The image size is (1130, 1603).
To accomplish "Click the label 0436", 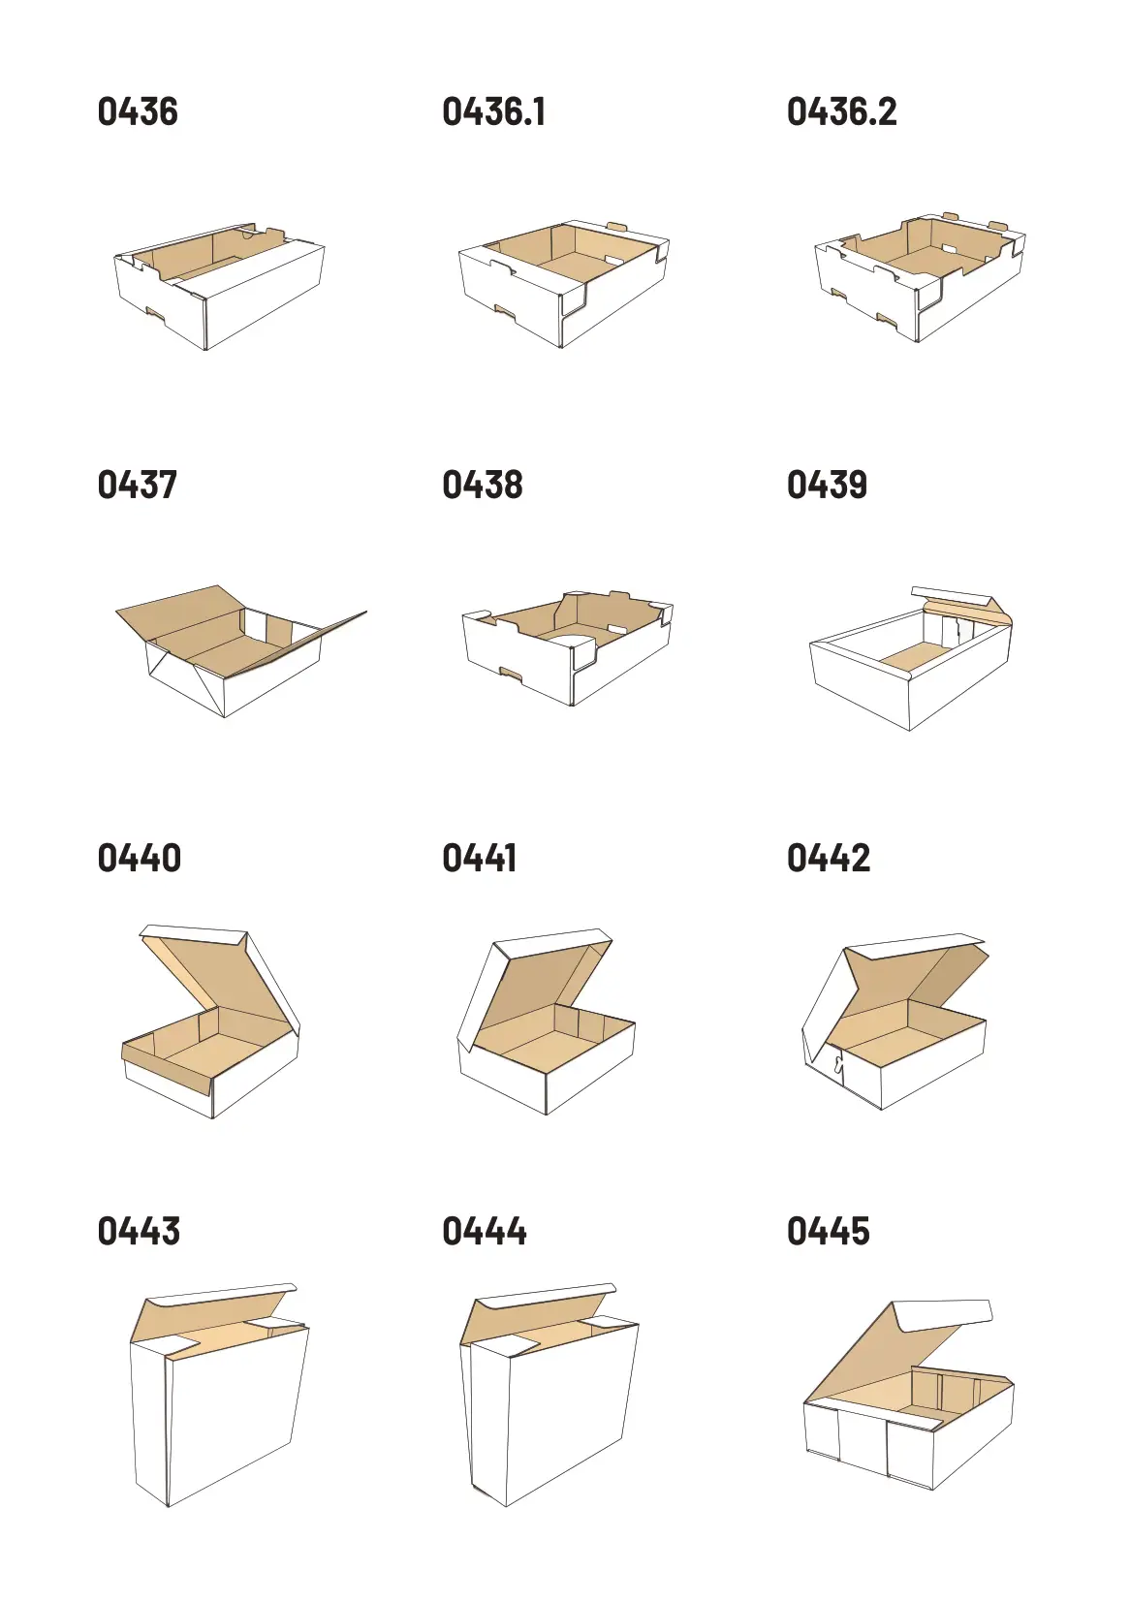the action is tap(138, 111).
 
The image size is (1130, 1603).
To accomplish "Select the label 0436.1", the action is tap(494, 111).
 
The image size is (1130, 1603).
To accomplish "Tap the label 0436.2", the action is tap(841, 111).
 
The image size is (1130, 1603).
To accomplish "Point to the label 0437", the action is tap(137, 485).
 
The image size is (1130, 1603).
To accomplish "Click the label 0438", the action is tap(483, 485).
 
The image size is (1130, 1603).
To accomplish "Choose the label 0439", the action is tap(828, 485).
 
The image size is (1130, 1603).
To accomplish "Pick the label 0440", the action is tap(139, 858).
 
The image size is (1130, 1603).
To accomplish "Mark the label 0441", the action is tap(479, 858).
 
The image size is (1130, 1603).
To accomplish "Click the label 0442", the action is tap(829, 858).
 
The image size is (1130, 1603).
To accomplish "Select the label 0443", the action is tap(139, 1231).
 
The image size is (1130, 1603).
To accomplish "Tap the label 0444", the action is tap(485, 1231).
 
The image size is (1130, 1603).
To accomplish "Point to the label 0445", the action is tap(829, 1231).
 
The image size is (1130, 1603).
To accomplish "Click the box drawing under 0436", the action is tap(219, 286).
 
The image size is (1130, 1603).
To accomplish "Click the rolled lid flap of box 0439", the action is tap(962, 603).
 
